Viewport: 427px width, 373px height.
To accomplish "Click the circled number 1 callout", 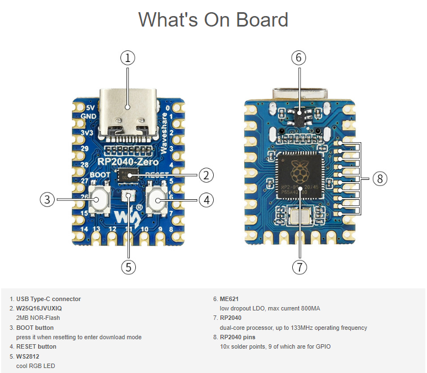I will (128, 58).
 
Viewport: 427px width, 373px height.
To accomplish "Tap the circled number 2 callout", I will (205, 176).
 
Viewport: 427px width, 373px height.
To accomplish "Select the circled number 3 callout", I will (48, 199).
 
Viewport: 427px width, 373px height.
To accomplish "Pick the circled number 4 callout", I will (205, 199).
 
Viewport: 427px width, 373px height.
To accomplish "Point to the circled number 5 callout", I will (128, 267).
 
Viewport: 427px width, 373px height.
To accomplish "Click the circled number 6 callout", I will (299, 58).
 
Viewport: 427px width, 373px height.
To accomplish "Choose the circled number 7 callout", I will (299, 267).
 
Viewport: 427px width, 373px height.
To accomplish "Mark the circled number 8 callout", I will (379, 178).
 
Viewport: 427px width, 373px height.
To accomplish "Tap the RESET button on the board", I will (157, 199).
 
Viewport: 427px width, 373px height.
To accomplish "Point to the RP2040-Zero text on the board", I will (128, 162).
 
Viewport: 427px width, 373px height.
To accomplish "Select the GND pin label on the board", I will (89, 116).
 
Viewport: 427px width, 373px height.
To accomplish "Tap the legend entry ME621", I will (229, 299).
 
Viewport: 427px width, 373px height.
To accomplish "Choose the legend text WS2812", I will (28, 356).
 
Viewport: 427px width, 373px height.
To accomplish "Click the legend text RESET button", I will (36, 346).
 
